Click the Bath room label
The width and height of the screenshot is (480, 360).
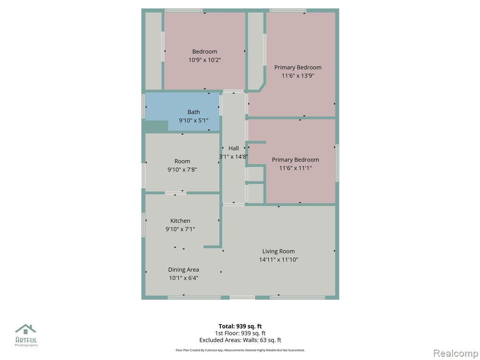point(194,112)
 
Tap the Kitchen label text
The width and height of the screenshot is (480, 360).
point(180,221)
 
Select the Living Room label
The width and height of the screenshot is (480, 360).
point(278,251)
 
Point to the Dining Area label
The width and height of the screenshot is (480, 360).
point(183,270)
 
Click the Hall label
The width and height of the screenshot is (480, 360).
point(233,149)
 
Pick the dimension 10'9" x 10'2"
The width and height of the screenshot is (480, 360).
point(204,60)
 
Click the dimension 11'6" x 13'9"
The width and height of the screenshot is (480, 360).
point(298,75)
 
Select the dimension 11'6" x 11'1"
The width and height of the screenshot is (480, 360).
point(295,168)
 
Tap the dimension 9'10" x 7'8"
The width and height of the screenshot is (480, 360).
point(182,170)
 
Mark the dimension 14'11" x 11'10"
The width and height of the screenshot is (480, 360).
point(278,260)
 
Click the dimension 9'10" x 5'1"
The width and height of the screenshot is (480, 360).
point(194,120)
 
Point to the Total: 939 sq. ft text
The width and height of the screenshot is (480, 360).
point(240,326)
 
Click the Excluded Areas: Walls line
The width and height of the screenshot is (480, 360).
point(240,340)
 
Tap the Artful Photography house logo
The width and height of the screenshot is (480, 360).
point(26,329)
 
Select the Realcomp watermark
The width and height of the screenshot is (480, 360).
point(456,353)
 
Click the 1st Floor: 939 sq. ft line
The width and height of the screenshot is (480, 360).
point(240,333)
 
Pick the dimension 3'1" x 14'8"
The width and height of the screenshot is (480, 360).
point(233,157)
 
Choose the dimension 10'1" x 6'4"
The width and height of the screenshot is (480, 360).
point(183,278)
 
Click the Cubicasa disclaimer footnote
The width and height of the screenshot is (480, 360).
point(240,350)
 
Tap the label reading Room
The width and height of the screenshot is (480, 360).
point(182,161)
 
